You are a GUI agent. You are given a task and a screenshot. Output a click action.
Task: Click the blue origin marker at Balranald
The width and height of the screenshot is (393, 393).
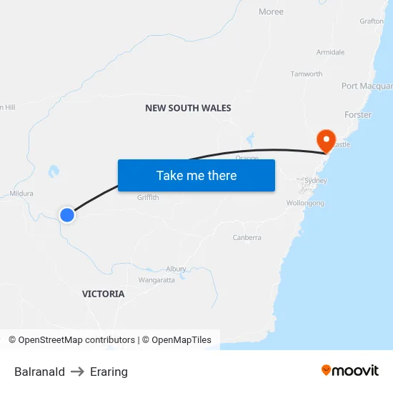66,214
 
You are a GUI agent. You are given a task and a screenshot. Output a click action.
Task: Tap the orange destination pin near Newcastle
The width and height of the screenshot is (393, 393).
326,139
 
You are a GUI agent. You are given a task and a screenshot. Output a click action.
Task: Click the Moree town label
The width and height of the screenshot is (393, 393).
271,11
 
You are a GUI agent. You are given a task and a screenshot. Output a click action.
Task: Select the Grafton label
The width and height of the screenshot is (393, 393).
372,21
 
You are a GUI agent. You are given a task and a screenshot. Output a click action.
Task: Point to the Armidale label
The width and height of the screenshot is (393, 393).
330,52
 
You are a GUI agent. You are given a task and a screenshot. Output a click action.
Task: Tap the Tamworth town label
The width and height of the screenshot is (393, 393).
306,74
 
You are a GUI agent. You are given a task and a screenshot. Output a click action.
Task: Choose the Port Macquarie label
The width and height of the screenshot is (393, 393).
367,86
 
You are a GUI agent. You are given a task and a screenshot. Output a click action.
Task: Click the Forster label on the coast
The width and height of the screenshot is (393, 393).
357,114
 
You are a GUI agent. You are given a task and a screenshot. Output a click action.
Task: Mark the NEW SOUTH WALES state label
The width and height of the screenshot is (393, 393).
188,108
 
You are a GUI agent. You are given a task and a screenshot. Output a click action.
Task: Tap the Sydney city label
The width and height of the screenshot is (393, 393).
315,181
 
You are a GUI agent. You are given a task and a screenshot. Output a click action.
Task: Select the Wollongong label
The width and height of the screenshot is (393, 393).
305,203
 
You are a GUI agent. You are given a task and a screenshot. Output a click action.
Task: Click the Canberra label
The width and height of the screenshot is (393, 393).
247,237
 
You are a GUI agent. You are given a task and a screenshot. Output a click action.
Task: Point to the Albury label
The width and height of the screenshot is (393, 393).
176,269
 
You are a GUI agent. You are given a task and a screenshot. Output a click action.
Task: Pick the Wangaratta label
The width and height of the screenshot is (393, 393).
156,280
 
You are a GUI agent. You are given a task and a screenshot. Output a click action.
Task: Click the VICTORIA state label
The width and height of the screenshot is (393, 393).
103,294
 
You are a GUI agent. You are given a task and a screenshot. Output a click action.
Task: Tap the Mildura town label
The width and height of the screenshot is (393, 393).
21,193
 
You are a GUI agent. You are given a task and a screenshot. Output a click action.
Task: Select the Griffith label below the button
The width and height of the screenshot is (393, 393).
148,198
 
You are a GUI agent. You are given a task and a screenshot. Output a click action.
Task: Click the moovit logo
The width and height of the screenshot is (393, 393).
350,371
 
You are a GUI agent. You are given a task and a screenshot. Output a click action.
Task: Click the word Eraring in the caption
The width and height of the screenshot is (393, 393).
109,372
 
